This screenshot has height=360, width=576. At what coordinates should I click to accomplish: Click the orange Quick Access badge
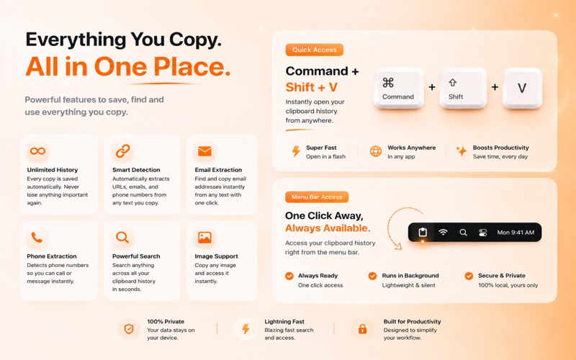(315, 50)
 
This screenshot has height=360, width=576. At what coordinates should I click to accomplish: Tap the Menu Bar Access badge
(317, 197)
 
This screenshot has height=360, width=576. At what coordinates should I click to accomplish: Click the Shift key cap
(463, 88)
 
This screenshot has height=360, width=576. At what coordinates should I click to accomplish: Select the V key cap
(522, 88)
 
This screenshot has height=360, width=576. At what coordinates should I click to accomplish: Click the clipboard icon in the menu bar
(423, 232)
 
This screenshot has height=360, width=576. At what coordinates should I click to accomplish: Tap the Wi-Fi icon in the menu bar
(443, 232)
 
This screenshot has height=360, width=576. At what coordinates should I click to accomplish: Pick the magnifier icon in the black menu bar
(463, 232)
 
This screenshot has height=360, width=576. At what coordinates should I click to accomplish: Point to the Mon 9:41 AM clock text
(516, 232)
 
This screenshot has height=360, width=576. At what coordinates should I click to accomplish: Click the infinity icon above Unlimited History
(38, 150)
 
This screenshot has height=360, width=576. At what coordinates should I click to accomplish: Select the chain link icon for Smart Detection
(122, 151)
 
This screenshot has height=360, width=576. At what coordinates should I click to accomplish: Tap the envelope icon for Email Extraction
(204, 151)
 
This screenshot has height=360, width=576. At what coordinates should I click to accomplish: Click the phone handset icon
(37, 238)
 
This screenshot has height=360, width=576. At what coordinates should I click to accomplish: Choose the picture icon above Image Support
(204, 238)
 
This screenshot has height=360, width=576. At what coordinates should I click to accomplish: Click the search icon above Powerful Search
(122, 238)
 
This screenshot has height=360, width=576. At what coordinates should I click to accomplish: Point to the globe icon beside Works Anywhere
(375, 151)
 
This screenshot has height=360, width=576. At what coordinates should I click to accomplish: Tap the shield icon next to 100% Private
(129, 329)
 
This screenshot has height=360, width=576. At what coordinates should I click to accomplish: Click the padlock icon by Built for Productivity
(362, 328)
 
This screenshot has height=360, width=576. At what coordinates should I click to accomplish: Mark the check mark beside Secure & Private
(469, 276)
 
